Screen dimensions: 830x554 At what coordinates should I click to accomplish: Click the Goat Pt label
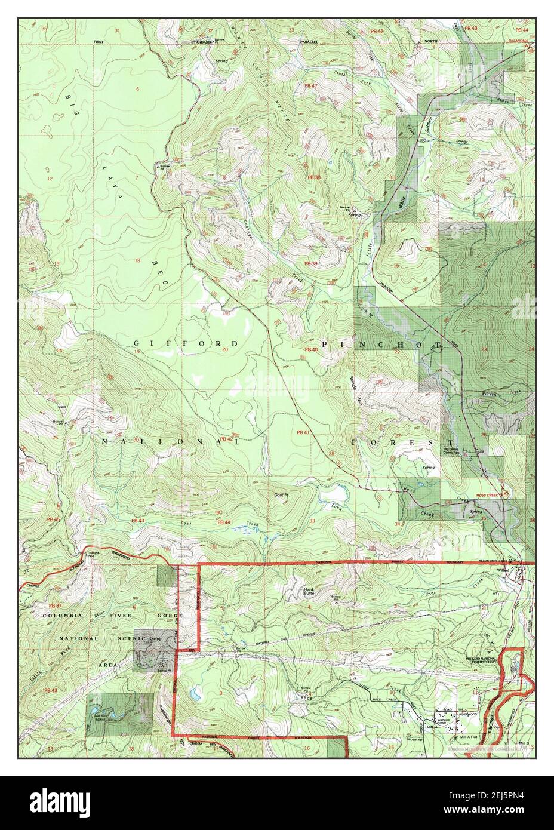[281, 495]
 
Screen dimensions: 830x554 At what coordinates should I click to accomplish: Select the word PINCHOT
[381, 345]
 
